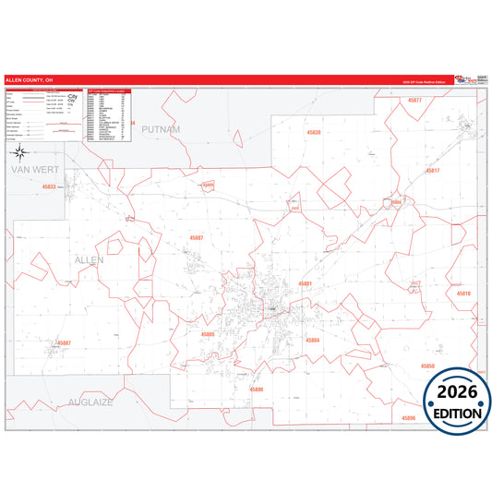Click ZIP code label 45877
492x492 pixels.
414,100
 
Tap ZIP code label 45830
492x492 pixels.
313,133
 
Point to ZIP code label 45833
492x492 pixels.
49,186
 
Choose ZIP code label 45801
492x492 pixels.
306,283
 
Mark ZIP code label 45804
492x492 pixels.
313,341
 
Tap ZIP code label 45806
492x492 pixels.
256,389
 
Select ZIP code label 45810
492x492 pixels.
462,293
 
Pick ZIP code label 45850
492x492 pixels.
426,366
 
